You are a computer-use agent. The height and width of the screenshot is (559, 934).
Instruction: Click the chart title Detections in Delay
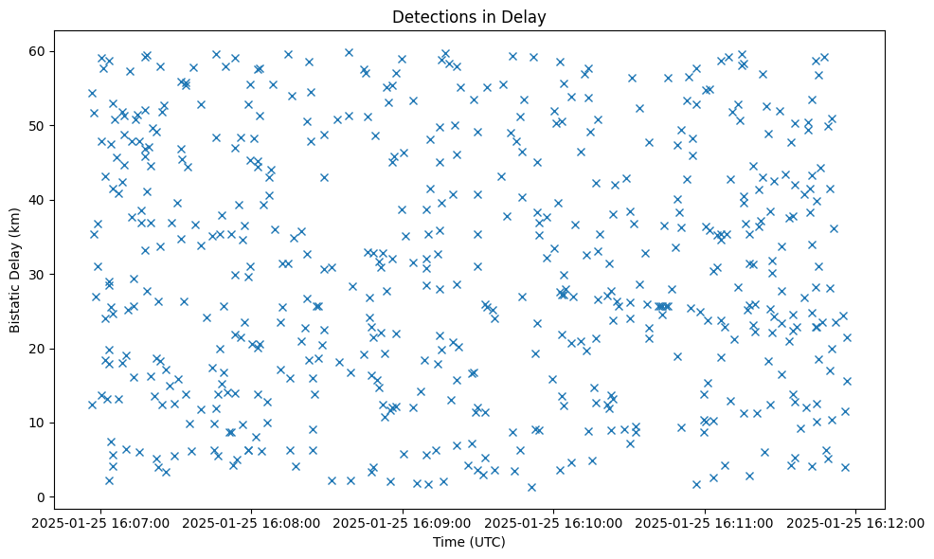click(x=468, y=16)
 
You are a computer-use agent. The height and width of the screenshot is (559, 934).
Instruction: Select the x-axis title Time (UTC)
click(x=468, y=542)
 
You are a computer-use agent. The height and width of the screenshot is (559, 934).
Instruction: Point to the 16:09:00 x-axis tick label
click(x=404, y=522)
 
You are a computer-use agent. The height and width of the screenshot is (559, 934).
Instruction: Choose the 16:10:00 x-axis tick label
click(x=554, y=522)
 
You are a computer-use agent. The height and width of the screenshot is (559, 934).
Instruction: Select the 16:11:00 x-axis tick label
click(x=705, y=522)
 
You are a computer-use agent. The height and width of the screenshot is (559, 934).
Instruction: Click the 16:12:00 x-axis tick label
click(x=855, y=522)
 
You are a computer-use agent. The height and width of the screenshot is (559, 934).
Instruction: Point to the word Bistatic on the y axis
click(x=16, y=304)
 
